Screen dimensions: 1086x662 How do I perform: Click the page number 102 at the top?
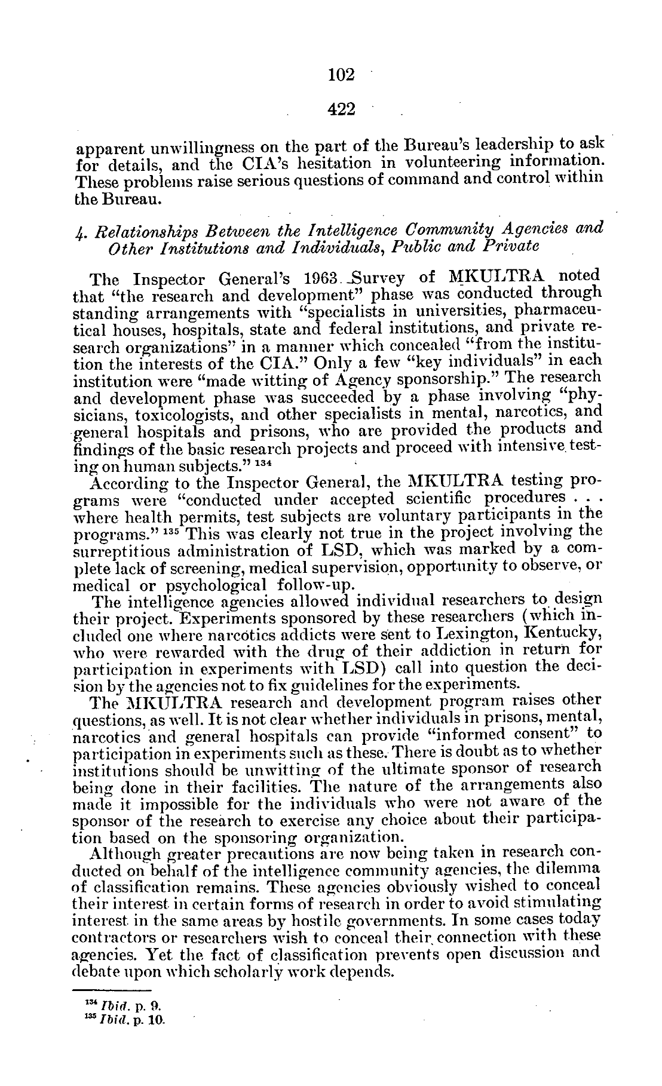click(x=342, y=75)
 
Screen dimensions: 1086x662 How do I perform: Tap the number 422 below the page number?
click(x=342, y=109)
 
